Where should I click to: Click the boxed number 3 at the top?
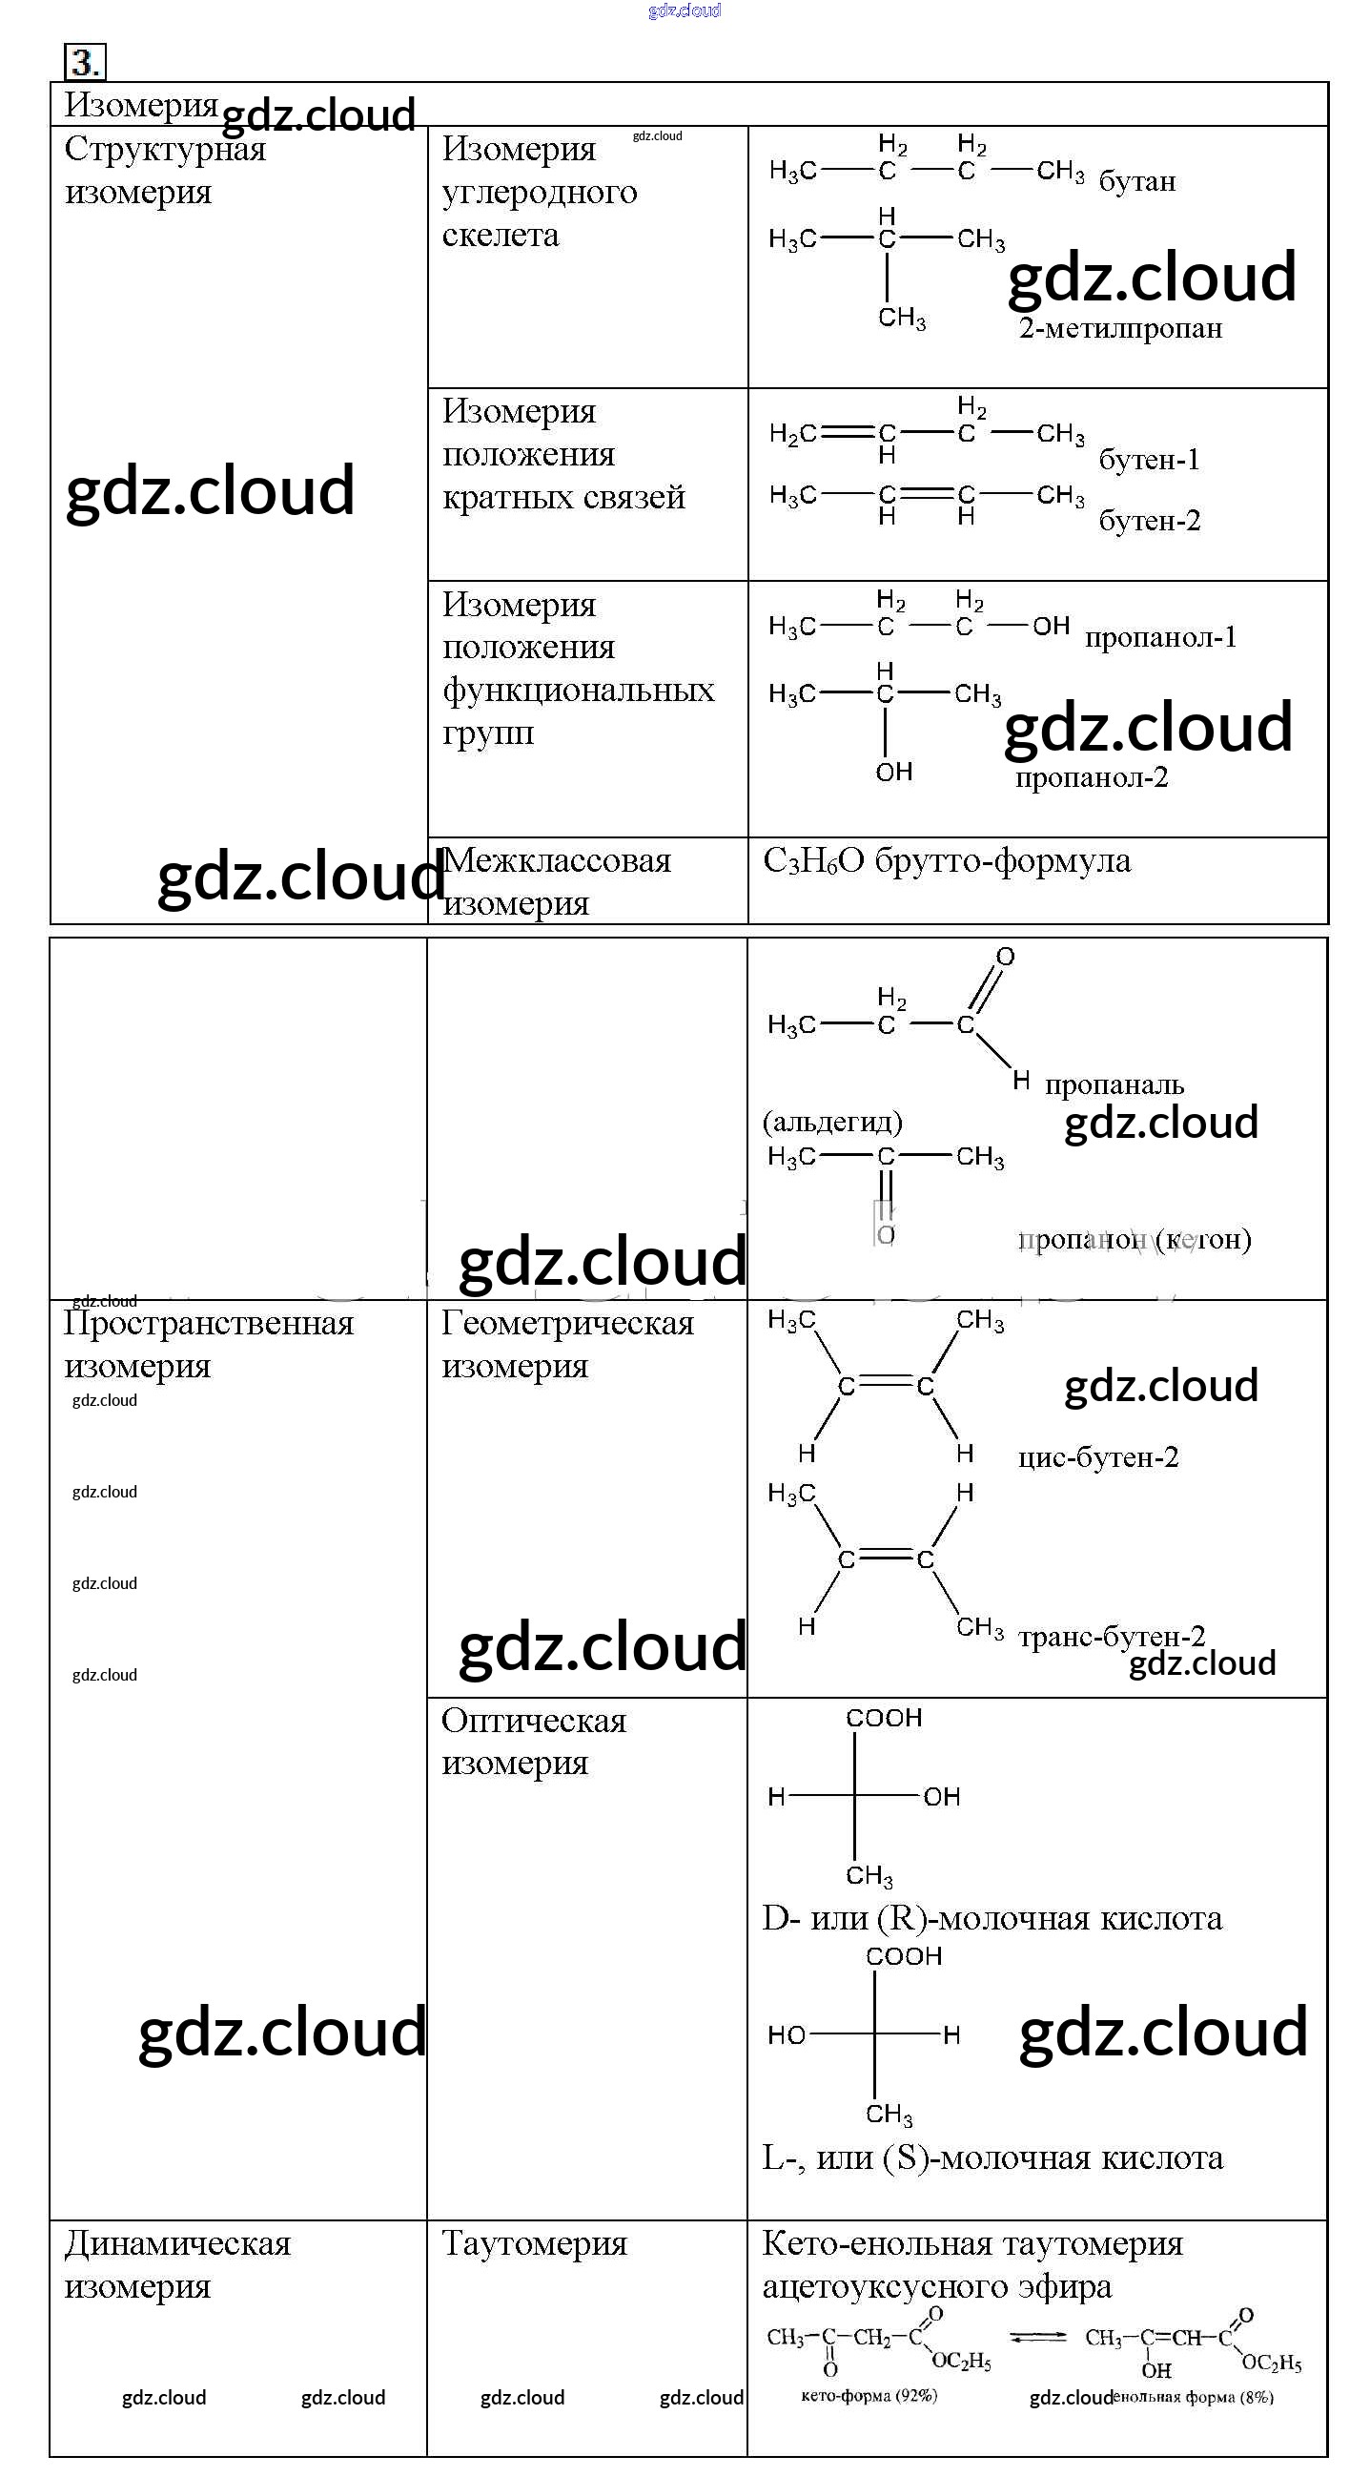pos(85,63)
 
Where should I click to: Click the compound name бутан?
pos(1136,182)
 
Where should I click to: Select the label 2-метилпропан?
pos(1120,329)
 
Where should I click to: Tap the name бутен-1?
pos(1149,460)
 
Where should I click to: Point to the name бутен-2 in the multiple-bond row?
pos(1149,521)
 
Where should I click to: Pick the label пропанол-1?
pos(1160,637)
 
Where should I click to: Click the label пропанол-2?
pos(1092,777)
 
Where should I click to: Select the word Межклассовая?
pos(557,860)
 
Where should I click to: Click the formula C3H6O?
pos(813,861)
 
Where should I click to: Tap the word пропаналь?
pos(1114,1085)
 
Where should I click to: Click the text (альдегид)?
pos(832,1122)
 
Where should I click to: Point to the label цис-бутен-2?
pos(1098,1457)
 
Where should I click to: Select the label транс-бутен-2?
pos(1112,1637)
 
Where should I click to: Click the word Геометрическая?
pos(567,1324)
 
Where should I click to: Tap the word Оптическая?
pos(534,1722)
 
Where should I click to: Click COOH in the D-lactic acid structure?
pos(884,1719)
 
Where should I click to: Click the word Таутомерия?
pos(534,2244)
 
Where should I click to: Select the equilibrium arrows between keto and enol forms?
pos(1037,2337)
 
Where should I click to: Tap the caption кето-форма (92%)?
pos(869,2395)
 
